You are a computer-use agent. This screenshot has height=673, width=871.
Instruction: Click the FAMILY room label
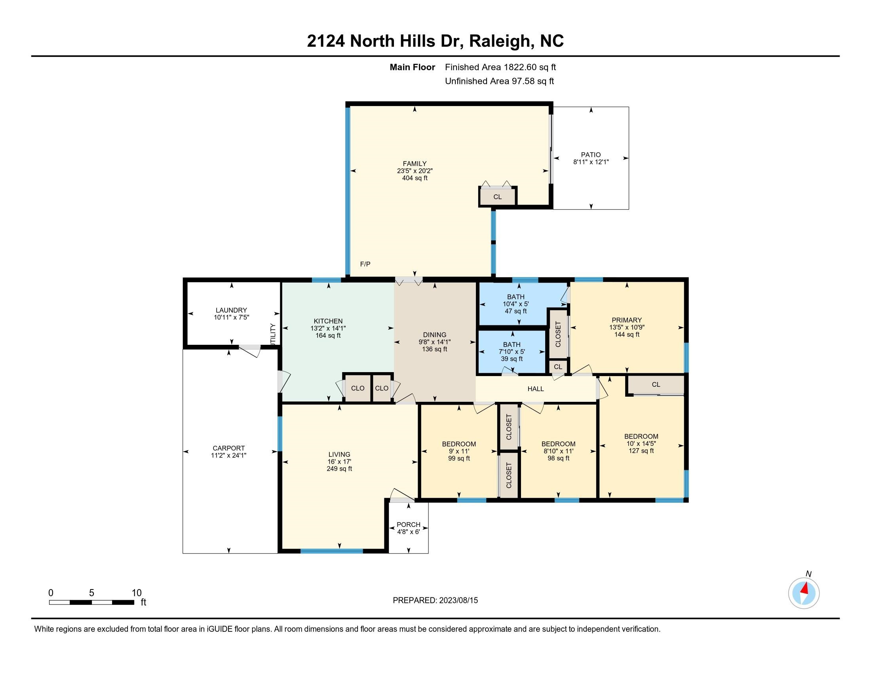(x=415, y=163)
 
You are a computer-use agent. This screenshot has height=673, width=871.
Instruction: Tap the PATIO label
(x=591, y=155)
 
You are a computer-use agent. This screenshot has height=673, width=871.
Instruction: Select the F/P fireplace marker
(x=365, y=264)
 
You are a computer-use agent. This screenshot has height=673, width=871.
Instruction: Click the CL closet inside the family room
(x=497, y=197)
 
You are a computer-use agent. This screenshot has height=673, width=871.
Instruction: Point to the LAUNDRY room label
(x=231, y=310)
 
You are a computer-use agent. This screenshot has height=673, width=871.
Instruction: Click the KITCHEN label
(x=328, y=321)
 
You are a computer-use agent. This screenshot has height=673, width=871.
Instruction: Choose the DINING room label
(x=435, y=335)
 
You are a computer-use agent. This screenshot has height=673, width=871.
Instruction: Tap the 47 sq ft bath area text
(x=515, y=312)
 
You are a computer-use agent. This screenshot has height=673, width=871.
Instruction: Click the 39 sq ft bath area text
(x=512, y=359)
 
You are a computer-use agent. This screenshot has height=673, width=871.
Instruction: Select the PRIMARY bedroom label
(x=627, y=320)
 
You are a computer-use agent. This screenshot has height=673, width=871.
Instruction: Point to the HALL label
(x=536, y=389)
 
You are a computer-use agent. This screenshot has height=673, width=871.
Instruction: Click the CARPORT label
(x=228, y=448)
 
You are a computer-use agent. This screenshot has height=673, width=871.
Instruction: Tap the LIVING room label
(x=339, y=454)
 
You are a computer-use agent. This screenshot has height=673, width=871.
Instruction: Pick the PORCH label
(x=409, y=525)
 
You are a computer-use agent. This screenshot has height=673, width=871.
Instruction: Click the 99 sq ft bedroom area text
(x=459, y=458)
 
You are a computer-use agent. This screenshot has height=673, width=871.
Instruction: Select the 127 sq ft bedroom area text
(x=641, y=451)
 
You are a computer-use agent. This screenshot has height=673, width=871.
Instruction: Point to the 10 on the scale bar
(x=137, y=593)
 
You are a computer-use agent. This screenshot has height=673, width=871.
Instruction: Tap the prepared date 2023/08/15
(x=458, y=601)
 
